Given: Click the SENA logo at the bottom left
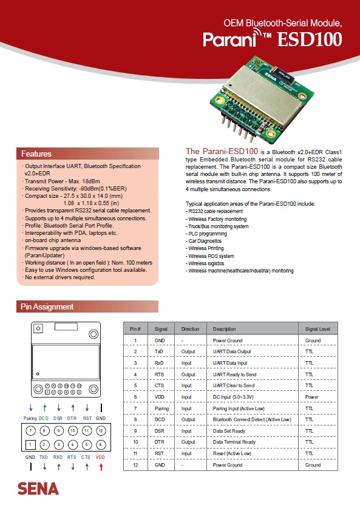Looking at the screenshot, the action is pyautogui.click(x=38, y=489).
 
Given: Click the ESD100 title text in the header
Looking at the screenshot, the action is pyautogui.click(x=310, y=39).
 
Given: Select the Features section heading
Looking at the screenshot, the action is pyautogui.click(x=36, y=154).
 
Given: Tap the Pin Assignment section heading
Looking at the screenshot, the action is pyautogui.click(x=47, y=306).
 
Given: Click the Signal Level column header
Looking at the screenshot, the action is pyautogui.click(x=318, y=329).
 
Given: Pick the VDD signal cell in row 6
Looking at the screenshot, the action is pyautogui.click(x=160, y=397).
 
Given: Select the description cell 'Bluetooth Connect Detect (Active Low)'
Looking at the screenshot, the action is pyautogui.click(x=252, y=419).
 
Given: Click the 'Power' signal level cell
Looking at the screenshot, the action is pyautogui.click(x=311, y=397).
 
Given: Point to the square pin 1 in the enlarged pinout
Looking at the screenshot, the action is pyautogui.click(x=30, y=444).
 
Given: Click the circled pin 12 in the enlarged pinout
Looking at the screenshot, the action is pyautogui.click(x=101, y=430).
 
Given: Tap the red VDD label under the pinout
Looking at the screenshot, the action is pyautogui.click(x=100, y=457).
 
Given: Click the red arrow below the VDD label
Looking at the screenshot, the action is pyautogui.click(x=101, y=467).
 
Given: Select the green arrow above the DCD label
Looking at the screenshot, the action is pyautogui.click(x=45, y=408).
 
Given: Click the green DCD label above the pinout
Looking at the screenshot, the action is pyautogui.click(x=44, y=418).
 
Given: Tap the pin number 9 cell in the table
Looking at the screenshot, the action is pyautogui.click(x=135, y=431).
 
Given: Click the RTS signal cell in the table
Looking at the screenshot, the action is pyautogui.click(x=159, y=374).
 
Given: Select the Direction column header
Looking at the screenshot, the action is pyautogui.click(x=190, y=329).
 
